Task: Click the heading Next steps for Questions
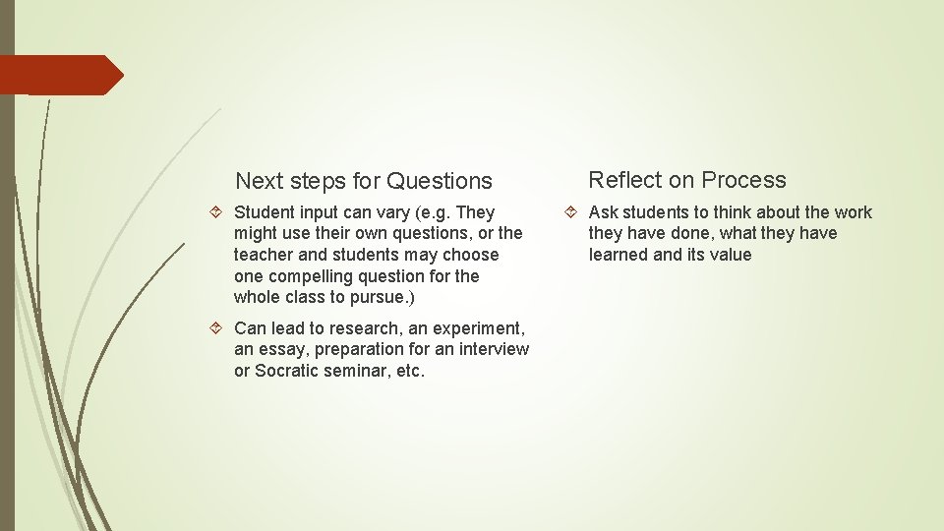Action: tap(364, 181)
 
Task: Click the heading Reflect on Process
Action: tap(687, 180)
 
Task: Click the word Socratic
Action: tap(287, 372)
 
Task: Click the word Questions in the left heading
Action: tap(439, 181)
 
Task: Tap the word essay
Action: tap(280, 350)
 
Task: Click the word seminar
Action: tap(357, 372)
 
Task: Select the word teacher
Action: tap(263, 256)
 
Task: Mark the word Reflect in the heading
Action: tap(623, 180)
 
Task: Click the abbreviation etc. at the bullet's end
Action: tap(409, 372)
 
